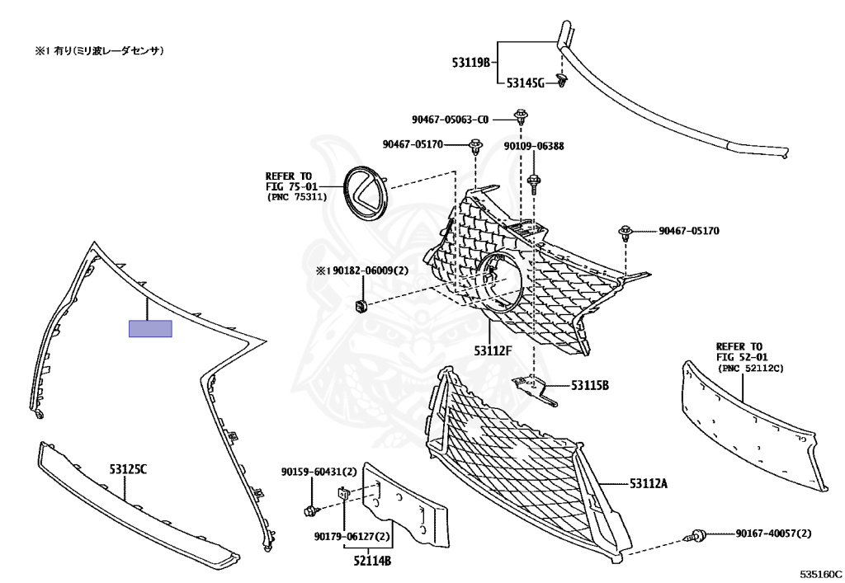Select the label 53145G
click(x=525, y=83)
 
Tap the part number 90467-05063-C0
click(x=450, y=119)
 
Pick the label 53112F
click(x=493, y=351)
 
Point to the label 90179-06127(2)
click(x=352, y=536)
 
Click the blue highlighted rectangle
click(x=150, y=329)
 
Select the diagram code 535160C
click(x=820, y=572)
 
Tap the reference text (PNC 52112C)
click(x=750, y=369)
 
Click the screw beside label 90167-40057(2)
click(x=696, y=537)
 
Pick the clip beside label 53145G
click(x=562, y=80)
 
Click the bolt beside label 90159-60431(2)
click(x=310, y=510)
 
